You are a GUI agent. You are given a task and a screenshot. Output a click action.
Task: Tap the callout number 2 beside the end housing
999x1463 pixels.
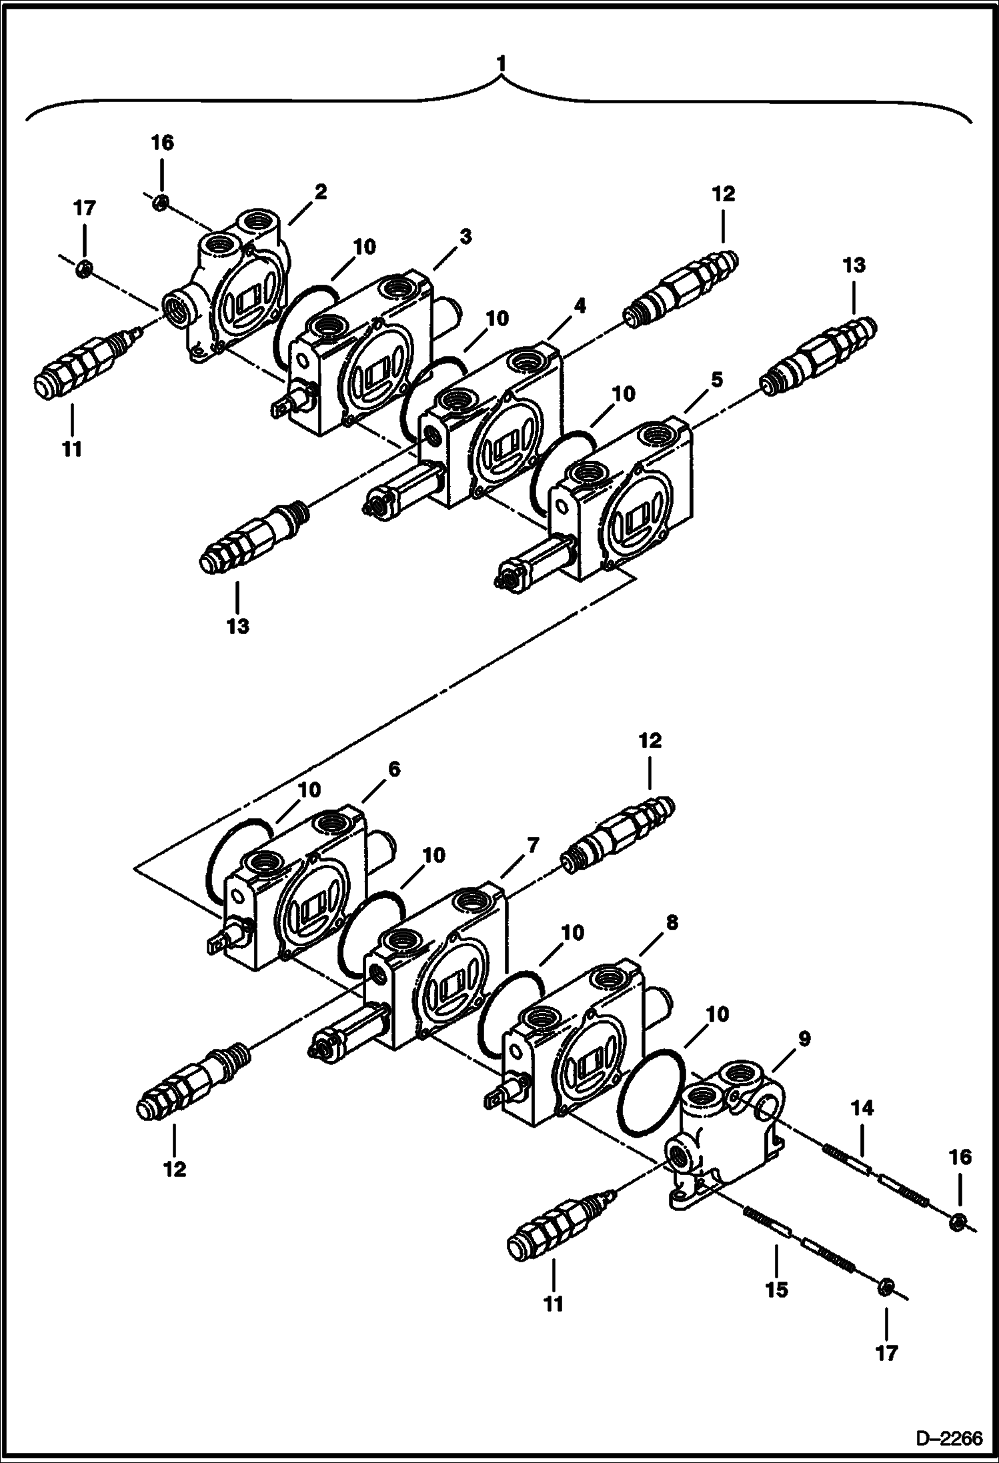tap(321, 193)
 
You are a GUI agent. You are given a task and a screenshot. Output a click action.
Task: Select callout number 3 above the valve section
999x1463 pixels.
tap(465, 236)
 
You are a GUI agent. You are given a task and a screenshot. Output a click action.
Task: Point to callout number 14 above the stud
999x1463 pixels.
tap(862, 1109)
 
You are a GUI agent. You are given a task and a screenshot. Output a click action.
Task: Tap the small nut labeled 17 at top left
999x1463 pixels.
tap(84, 269)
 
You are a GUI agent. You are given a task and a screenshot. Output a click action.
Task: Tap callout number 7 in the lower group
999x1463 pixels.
tap(532, 846)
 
